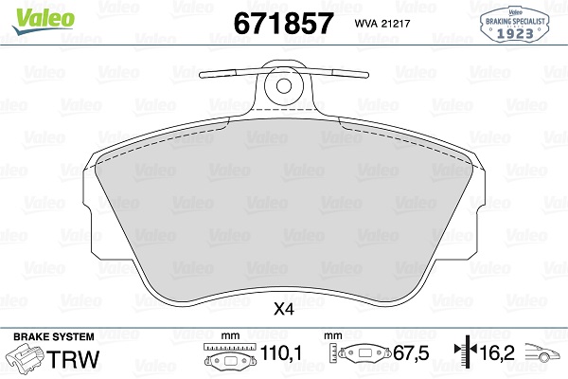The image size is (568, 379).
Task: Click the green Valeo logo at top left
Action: pyautogui.click(x=31, y=14)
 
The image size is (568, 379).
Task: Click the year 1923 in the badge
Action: pyautogui.click(x=515, y=34)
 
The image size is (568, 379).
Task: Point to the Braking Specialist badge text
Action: pyautogui.click(x=515, y=19)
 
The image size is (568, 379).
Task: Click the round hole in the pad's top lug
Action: pyautogui.click(x=283, y=86)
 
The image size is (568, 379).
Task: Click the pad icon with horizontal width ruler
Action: pyautogui.click(x=227, y=360)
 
